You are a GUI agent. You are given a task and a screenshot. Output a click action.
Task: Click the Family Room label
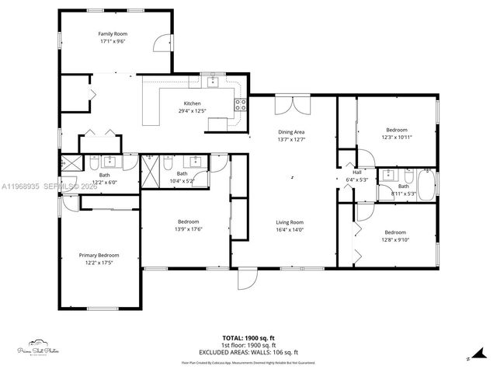pos(113,34)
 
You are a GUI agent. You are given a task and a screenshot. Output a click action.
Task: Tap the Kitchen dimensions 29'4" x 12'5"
pos(193,112)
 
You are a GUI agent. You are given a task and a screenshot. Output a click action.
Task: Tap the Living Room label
pos(290,222)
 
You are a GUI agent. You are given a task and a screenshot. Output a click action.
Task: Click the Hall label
pos(357,173)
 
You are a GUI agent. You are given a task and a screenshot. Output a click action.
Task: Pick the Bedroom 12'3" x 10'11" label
pos(396,130)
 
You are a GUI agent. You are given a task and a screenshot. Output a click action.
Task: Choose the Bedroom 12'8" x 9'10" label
pos(395,232)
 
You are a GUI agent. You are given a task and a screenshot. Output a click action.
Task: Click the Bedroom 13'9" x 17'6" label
pos(189,221)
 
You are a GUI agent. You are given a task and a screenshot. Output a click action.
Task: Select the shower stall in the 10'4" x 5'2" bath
pos(166,162)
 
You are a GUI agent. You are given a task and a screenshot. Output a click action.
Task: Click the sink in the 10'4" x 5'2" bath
pos(196,161)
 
